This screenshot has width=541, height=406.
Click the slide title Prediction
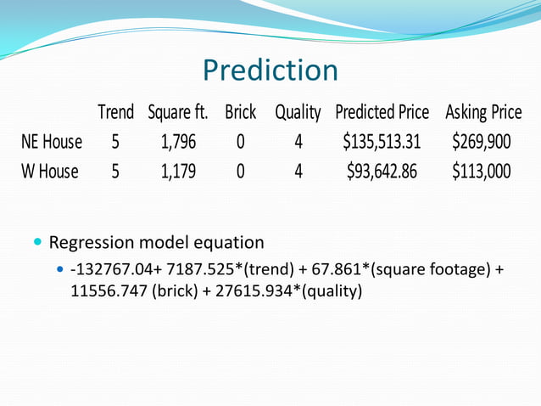pos(270,70)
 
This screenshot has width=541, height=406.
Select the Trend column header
pos(115,112)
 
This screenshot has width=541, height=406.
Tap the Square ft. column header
pos(178,112)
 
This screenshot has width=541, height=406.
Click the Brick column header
pos(240,112)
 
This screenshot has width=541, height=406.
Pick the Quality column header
pos(298,112)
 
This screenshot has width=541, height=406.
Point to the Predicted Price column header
pos(382,112)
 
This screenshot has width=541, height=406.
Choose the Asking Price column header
pos(483,112)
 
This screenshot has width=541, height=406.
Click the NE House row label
pos(52,142)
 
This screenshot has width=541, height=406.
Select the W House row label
pos(50,172)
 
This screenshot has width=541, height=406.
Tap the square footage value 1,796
pos(178,142)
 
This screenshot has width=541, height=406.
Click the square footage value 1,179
pos(178,172)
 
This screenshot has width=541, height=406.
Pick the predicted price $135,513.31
pos(382,142)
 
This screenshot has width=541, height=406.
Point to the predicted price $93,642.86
pos(382,172)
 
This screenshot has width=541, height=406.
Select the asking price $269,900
pos(482,142)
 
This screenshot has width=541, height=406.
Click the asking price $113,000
pos(482,172)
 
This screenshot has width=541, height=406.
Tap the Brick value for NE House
pos(240,142)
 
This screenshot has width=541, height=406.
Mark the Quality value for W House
pos(298,172)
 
